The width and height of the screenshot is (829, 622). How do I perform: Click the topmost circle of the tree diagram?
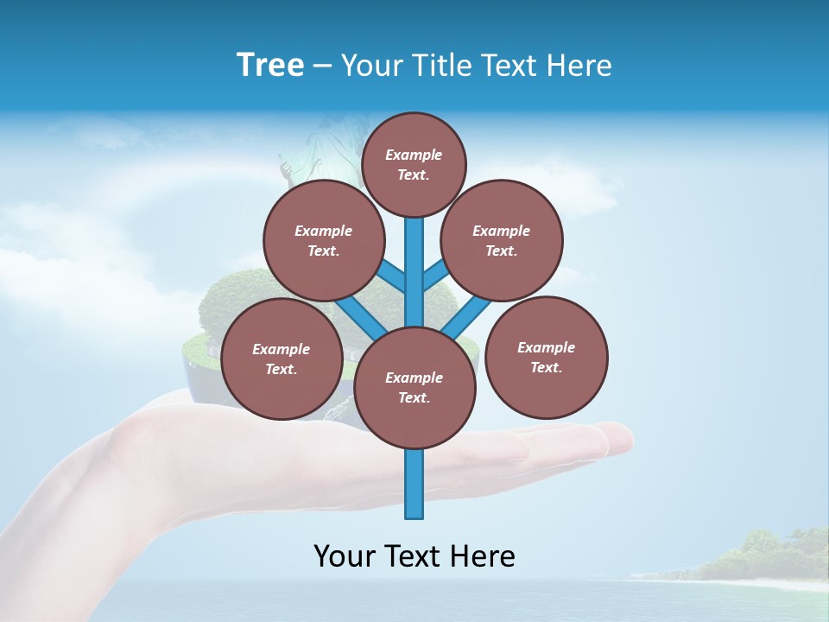[x=414, y=164]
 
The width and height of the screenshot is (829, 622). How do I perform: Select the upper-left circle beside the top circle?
[x=323, y=241]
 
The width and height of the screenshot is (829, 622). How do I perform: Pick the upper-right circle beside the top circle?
[x=502, y=241]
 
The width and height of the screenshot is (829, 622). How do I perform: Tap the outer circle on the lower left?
[x=281, y=359]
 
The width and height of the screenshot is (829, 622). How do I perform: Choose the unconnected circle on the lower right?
[x=546, y=358]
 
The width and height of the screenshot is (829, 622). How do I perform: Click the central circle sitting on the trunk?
[x=414, y=388]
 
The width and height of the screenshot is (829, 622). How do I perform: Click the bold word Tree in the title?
[x=270, y=65]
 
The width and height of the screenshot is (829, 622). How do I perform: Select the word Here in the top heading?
[x=579, y=66]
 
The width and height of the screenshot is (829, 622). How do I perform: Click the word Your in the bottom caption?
[x=345, y=556]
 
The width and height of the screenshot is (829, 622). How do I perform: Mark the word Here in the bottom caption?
[x=481, y=556]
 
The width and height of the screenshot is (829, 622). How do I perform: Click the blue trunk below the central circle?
[x=414, y=484]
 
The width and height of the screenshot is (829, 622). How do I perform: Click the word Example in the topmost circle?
[x=414, y=155]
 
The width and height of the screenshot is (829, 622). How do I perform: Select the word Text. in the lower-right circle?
[x=546, y=368]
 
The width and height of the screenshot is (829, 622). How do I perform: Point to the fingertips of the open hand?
[x=617, y=436]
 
